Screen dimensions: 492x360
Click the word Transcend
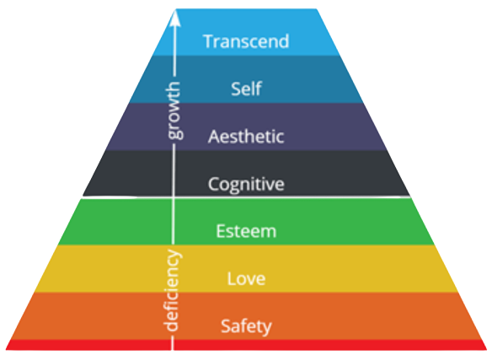point(246,41)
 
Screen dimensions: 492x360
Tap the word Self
point(246,89)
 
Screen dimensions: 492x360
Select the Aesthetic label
point(246,136)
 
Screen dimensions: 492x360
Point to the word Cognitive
point(246,184)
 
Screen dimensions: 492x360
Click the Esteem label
point(246,231)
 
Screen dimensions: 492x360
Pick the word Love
point(246,278)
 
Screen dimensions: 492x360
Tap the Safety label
point(246,327)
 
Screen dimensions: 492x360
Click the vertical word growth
point(174,110)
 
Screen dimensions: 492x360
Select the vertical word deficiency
point(172,290)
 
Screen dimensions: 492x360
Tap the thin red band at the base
point(246,345)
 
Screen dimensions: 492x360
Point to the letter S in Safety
point(226,326)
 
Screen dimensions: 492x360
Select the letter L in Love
point(232,278)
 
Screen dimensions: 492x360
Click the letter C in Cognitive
point(214,184)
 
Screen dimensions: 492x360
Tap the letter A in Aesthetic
point(214,137)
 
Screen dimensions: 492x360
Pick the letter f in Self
point(258,89)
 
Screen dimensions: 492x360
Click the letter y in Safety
point(267,329)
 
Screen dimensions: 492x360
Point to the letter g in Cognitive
point(238,186)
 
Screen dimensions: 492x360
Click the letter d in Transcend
point(283,41)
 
